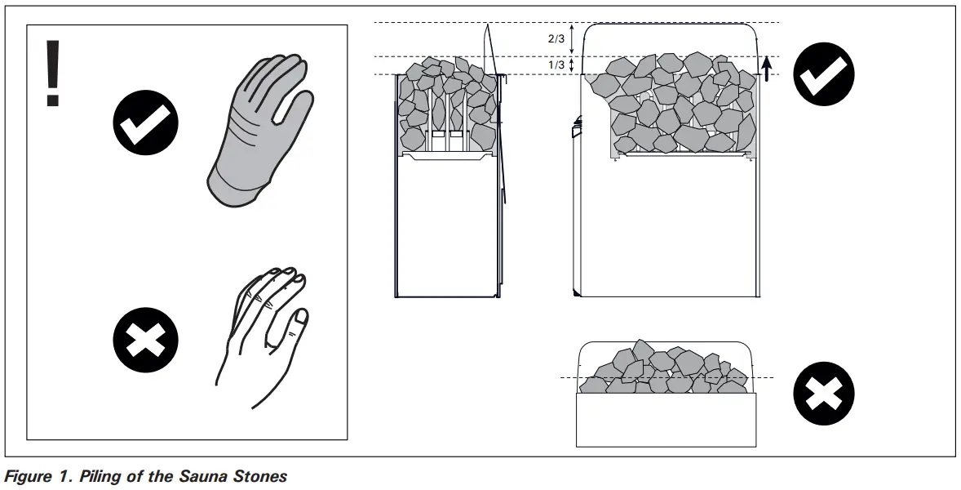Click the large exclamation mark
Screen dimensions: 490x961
[x=53, y=73]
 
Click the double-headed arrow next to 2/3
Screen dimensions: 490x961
[x=572, y=38]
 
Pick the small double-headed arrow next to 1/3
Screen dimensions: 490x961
[x=572, y=65]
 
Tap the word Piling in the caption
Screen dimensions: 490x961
[x=100, y=476]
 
